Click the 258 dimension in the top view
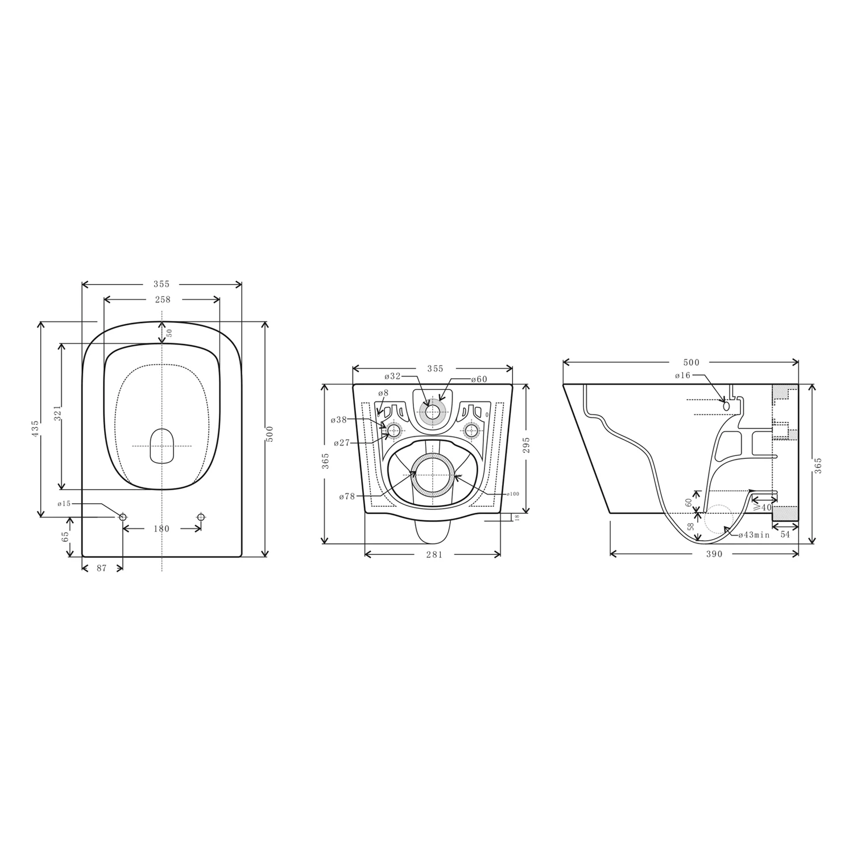coord(162,299)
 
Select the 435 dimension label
coord(35,428)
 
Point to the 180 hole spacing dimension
coord(162,529)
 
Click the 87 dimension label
coord(101,568)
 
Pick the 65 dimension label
coord(65,536)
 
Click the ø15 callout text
coord(64,503)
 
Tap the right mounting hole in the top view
coord(200,516)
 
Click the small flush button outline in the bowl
coord(162,445)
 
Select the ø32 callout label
coord(392,376)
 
